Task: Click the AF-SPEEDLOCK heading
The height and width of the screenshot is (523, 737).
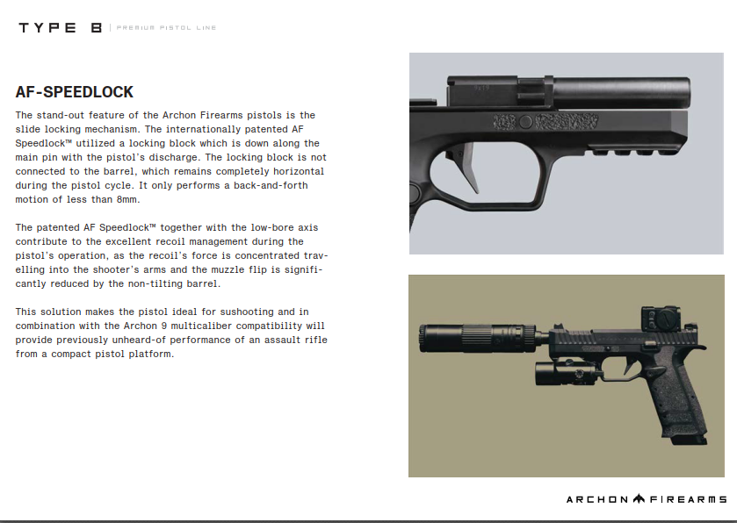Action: tap(75, 92)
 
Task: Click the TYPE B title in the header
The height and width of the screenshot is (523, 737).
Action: tap(61, 28)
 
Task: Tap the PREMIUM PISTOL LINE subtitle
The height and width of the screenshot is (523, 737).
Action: tap(166, 28)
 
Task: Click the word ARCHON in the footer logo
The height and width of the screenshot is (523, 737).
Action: tap(597, 499)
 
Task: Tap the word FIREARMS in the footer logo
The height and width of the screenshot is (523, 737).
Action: tap(688, 499)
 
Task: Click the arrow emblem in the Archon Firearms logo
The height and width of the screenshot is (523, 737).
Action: tap(639, 499)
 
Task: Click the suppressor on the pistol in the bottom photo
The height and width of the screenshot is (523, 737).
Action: tap(456, 336)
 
